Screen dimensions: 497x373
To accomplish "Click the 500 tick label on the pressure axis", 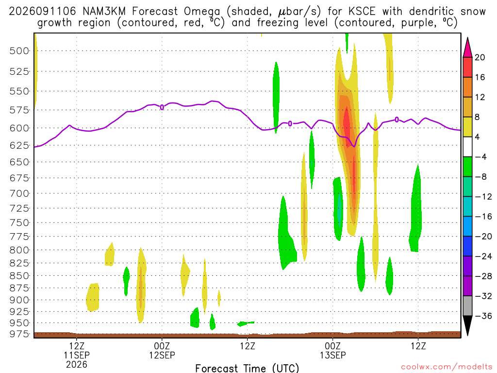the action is (19, 51).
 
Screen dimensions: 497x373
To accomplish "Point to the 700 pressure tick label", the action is (19, 193).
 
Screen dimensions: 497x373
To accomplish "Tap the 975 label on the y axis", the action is (19, 334).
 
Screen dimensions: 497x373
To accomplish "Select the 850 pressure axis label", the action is (19, 276).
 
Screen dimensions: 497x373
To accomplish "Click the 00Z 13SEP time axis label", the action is (332, 350).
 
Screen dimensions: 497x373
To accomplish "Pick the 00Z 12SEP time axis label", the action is (162, 350).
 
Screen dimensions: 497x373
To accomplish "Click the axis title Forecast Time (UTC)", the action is (247, 368).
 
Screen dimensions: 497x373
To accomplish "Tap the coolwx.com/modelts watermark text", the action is (447, 367).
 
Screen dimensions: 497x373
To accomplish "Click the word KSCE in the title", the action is (362, 12).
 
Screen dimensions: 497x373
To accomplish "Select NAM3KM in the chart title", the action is (104, 12).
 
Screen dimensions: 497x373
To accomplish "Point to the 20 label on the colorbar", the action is (480, 57).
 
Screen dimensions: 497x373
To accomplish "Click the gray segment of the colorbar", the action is (467, 306).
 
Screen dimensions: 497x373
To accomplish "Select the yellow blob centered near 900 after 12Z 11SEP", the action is (93, 297).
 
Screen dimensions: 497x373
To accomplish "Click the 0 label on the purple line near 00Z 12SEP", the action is (162, 107).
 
